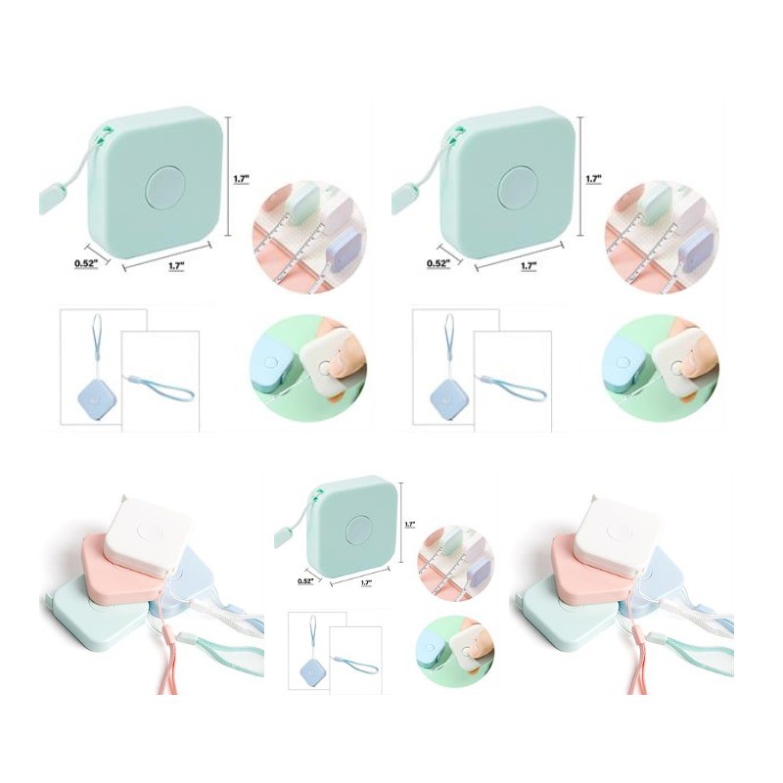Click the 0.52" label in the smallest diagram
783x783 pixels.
coord(305,580)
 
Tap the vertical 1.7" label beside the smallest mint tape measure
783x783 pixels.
coord(410,525)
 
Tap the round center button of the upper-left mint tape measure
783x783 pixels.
coord(166,188)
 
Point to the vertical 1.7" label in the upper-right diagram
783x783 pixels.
coord(593,179)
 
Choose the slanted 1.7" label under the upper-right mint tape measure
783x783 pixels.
coord(529,265)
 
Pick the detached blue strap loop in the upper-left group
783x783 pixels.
coord(160,390)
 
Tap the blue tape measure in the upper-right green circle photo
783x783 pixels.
coord(625,367)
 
